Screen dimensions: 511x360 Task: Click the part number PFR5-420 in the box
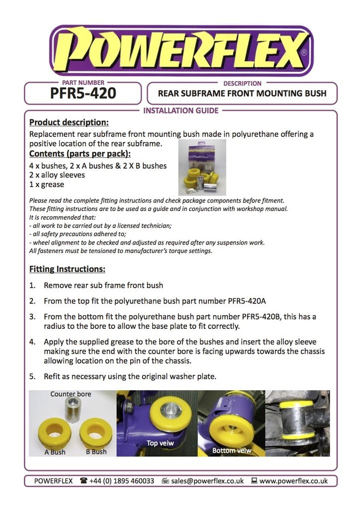point(83,94)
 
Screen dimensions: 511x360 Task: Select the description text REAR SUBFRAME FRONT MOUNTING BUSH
point(242,93)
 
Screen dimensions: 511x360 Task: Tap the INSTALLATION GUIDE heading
point(180,111)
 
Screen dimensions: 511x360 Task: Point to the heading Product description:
point(69,122)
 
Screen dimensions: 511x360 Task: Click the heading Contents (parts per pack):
point(80,154)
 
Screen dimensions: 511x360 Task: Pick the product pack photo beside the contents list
point(202,167)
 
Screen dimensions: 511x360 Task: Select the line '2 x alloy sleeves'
point(57,175)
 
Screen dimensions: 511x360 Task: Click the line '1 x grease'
point(47,185)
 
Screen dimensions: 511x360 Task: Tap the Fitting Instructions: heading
point(67,269)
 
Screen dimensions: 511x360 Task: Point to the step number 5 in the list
point(32,377)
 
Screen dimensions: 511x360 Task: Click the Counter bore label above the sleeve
point(71,394)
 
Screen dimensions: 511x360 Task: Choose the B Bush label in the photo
point(96,452)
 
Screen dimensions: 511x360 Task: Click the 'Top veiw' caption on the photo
point(160,443)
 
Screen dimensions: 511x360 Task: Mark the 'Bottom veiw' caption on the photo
point(231,450)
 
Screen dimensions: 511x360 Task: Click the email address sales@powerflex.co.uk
point(207,481)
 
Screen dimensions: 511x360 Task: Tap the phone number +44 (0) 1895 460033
point(122,481)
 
